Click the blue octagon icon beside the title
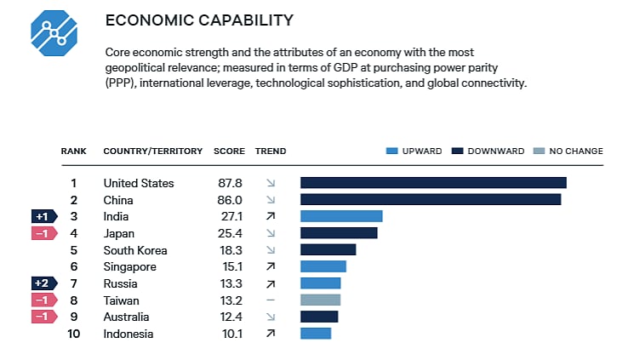click(54, 33)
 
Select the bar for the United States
click(433, 183)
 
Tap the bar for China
click(431, 199)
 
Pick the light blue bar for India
click(341, 216)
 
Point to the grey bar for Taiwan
click(320, 300)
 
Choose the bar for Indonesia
click(316, 333)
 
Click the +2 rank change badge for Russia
click(44, 283)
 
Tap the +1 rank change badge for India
click(44, 216)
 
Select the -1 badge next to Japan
click(44, 233)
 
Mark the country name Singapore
click(131, 266)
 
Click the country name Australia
click(128, 317)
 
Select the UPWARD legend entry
click(414, 151)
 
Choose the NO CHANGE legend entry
click(568, 151)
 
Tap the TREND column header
click(271, 151)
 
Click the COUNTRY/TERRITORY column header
click(153, 151)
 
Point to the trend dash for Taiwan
click(271, 300)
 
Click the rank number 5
click(74, 250)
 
